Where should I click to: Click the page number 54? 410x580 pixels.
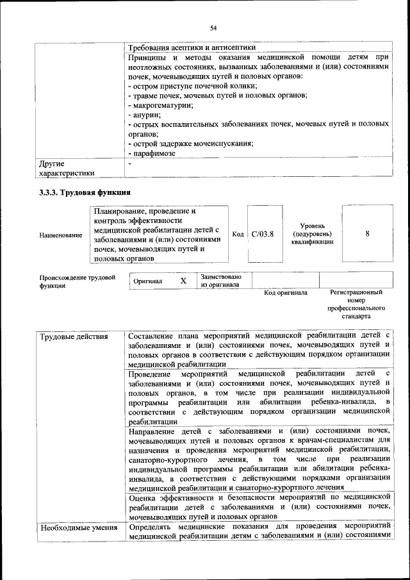click(213, 28)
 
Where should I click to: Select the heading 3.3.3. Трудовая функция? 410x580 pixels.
click(85, 192)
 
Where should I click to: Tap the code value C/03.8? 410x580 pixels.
click(263, 235)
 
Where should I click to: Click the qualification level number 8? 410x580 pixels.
click(367, 234)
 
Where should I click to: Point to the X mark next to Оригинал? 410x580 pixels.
click(183, 281)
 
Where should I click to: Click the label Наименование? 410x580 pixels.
click(60, 235)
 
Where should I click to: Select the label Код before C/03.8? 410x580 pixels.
click(238, 235)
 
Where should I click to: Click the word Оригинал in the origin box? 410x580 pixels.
click(148, 281)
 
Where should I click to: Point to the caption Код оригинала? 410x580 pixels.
click(286, 293)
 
